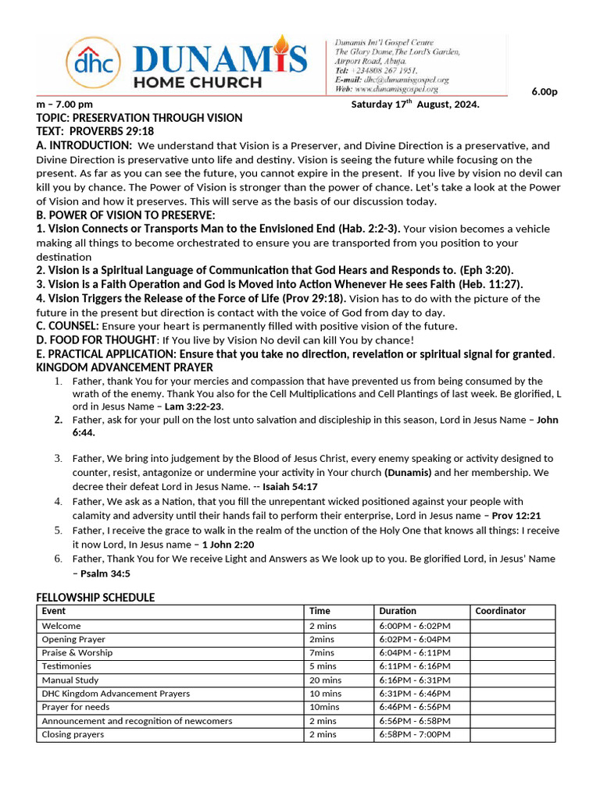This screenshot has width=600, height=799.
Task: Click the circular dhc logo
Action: (x=94, y=61)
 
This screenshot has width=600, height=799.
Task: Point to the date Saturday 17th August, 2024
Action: (x=415, y=105)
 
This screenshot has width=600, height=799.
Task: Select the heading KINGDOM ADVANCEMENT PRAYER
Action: (x=124, y=367)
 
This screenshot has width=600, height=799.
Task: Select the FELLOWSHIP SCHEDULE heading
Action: (x=95, y=598)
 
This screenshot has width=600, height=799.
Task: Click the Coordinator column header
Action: (x=500, y=611)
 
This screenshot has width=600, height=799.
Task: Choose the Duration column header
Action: (x=398, y=611)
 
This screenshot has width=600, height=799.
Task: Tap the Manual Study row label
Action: (x=70, y=680)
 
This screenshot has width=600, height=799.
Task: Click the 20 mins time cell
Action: (x=325, y=680)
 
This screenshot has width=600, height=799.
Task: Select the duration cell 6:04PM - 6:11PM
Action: (x=414, y=652)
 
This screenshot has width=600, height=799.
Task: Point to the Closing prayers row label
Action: (x=73, y=734)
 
